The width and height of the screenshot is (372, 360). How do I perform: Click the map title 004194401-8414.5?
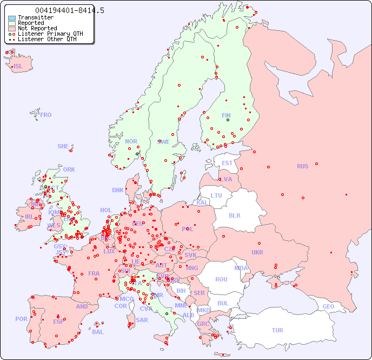point(70,10)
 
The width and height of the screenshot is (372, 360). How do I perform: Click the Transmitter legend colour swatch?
point(12,18)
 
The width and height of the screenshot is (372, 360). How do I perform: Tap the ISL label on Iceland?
point(18,67)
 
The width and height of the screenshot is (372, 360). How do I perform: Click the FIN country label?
point(226,115)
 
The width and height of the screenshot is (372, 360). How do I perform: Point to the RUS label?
point(302,166)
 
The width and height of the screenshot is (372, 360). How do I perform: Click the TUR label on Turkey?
point(277,330)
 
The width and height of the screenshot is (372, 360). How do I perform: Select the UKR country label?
point(257,252)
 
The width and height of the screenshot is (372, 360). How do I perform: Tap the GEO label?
point(328,306)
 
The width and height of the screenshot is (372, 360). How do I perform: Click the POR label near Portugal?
point(21,319)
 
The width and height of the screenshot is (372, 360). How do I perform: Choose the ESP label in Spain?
point(58,321)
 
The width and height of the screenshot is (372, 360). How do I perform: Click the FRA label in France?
point(94,273)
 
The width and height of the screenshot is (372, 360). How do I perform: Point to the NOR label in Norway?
point(131,141)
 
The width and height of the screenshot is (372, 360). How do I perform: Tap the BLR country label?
point(235,215)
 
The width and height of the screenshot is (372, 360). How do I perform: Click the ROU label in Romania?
point(221,279)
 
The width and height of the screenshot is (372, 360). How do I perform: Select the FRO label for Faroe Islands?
point(45,115)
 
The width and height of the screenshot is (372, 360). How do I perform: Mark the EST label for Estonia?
point(227,163)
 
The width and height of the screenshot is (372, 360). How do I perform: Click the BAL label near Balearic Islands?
point(97,332)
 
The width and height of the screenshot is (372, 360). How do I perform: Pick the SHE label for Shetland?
point(63,146)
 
